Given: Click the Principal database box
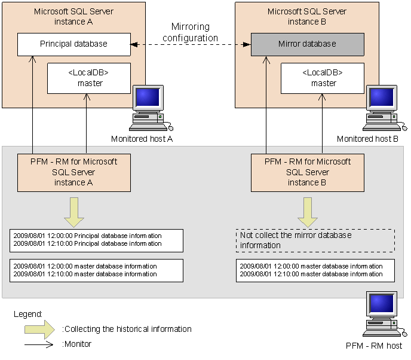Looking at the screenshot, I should (73, 44).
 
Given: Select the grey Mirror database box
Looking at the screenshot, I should (307, 44).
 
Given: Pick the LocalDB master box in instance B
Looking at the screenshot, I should (323, 78).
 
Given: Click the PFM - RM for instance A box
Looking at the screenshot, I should (73, 172).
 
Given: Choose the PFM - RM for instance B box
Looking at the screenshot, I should (307, 172).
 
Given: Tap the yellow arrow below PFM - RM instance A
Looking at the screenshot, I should (73, 212).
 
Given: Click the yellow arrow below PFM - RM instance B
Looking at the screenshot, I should (308, 212).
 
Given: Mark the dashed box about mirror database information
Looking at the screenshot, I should (315, 240).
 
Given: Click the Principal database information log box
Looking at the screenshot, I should (96, 240).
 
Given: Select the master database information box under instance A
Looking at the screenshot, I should (96, 270).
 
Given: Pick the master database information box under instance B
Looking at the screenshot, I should (315, 270).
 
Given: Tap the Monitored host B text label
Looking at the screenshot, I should (367, 139).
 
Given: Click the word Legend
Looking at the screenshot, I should (27, 313).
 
